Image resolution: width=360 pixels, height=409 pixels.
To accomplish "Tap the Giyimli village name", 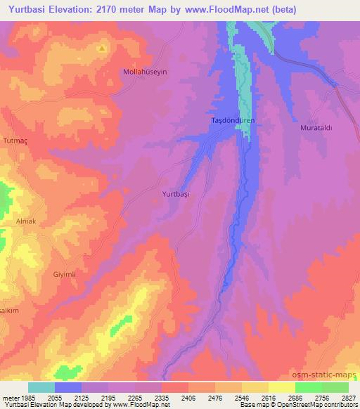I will pos(64,273).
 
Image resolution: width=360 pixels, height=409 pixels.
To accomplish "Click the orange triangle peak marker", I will pos(102,48).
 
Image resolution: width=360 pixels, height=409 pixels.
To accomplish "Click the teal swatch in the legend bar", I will pos(41,387).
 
